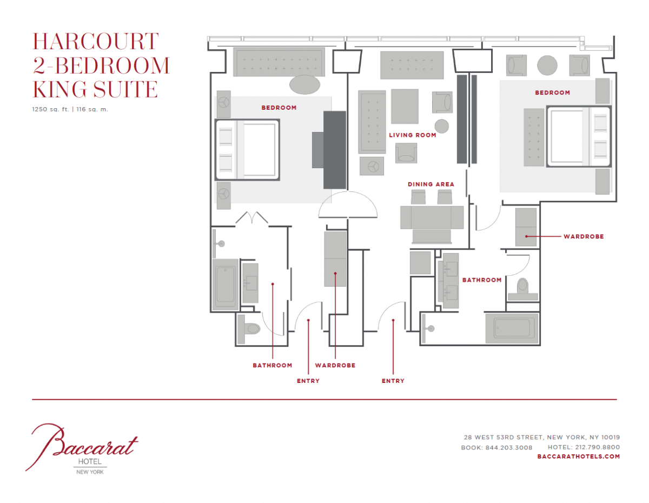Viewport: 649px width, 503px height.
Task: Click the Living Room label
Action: click(413, 135)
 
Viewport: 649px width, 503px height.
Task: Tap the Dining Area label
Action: click(431, 184)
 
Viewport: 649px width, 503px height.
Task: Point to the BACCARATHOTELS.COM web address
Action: click(579, 456)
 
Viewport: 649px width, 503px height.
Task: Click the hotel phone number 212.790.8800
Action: click(597, 447)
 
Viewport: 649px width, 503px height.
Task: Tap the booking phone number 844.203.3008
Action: click(508, 447)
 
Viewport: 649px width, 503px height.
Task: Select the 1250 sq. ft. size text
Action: click(50, 109)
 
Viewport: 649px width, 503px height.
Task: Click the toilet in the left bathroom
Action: click(249, 329)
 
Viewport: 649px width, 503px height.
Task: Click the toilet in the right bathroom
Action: click(522, 289)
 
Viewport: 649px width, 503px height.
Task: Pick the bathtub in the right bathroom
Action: click(512, 328)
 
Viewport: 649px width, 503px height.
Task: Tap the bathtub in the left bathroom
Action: click(226, 284)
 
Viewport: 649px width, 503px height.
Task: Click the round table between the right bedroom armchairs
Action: click(547, 65)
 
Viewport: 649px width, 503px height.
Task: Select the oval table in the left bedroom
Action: click(304, 85)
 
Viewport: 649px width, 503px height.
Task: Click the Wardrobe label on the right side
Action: click(584, 236)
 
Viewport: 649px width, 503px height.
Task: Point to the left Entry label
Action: click(308, 381)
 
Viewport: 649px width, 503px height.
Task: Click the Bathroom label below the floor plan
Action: click(273, 365)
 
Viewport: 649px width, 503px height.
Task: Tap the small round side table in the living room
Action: click(441, 126)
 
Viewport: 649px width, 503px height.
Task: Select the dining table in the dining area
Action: click(432, 217)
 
